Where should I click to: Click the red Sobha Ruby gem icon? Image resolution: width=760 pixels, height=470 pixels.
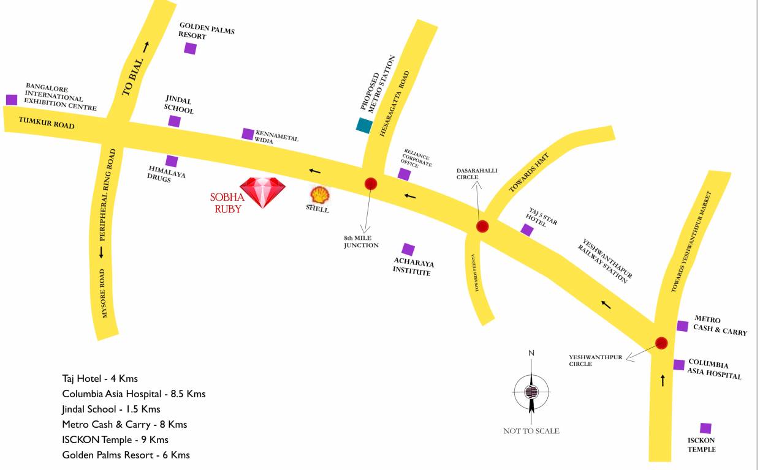(262, 192)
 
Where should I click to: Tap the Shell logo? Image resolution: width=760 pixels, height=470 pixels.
(319, 195)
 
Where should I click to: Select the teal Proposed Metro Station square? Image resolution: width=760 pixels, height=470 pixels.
(364, 125)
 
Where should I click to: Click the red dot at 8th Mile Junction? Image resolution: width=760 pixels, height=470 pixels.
(371, 183)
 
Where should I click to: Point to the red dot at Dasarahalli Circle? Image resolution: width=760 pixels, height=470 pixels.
(482, 226)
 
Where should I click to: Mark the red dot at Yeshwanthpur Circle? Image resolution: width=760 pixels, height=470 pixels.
(661, 343)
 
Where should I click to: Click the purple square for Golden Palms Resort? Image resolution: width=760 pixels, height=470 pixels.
(190, 48)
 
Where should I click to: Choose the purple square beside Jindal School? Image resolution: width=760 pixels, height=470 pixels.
(175, 121)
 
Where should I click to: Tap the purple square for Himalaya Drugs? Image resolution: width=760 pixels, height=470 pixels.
(172, 161)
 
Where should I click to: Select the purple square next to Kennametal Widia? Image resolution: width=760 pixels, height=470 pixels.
(248, 133)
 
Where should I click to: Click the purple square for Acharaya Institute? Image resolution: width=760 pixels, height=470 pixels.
(408, 249)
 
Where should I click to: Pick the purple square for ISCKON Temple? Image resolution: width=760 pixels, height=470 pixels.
(705, 428)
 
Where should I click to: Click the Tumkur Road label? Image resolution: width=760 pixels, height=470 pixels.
(47, 123)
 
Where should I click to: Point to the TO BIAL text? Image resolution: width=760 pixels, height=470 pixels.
(134, 76)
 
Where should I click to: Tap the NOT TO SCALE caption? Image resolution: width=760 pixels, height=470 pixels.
(531, 431)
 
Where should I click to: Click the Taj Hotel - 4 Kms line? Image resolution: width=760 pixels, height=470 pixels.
(100, 379)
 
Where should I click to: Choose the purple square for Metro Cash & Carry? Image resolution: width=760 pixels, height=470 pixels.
(682, 326)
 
